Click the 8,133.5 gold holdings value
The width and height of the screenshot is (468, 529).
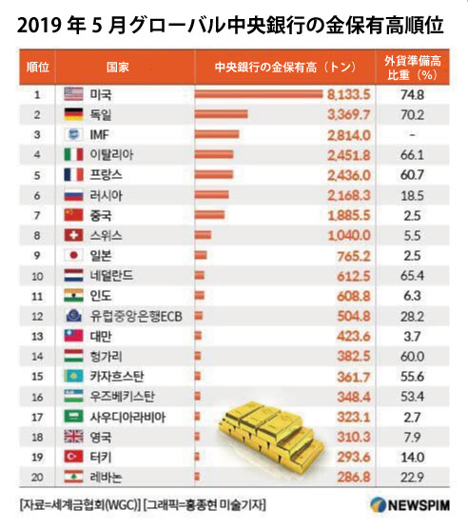coord(349,95)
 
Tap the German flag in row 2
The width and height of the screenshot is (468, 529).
coord(73,114)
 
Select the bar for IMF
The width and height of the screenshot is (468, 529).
coord(217,134)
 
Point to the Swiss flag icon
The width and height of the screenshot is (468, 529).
coord(73,235)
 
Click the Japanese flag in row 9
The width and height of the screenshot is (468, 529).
coord(73,255)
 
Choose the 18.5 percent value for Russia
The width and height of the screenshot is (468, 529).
coord(412,196)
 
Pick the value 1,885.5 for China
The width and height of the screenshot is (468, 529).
coord(349,216)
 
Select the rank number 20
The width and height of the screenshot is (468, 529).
coord(37,478)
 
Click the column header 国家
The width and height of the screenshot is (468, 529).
coord(118,67)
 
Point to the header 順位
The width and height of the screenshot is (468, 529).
coord(38,67)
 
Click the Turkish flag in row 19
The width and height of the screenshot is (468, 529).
coord(73,457)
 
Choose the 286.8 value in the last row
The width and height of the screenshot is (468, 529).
coord(354,478)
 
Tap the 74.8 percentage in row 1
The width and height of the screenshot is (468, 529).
coord(412,95)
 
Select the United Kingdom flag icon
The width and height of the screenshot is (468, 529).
coord(73,437)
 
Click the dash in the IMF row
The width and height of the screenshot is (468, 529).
coord(412,135)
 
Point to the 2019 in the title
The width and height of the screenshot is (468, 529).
coord(39,26)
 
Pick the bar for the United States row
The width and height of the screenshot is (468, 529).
coord(259,94)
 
